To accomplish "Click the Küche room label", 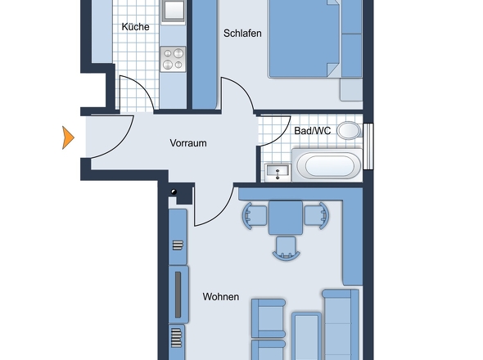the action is click(x=136, y=27).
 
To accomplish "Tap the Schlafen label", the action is click(x=242, y=34).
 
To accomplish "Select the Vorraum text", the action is click(x=188, y=143).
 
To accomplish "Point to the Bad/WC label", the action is click(x=313, y=131).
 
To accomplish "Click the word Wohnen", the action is click(x=221, y=297).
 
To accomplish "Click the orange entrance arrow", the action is click(x=68, y=137).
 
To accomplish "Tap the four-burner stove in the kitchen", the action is click(x=173, y=59).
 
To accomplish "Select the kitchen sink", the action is click(x=173, y=11).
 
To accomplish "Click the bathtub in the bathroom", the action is click(x=327, y=165).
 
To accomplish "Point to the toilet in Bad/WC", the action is click(x=350, y=130).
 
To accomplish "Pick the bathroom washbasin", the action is click(x=278, y=172).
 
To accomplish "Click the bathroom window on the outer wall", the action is click(x=368, y=146).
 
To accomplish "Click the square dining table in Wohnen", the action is click(x=286, y=218).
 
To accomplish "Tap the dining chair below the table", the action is click(x=287, y=248).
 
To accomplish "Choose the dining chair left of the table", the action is click(x=255, y=216).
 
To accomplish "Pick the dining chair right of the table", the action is click(x=317, y=215).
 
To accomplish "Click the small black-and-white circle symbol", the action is click(x=174, y=191).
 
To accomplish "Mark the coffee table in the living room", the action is click(x=306, y=336).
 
